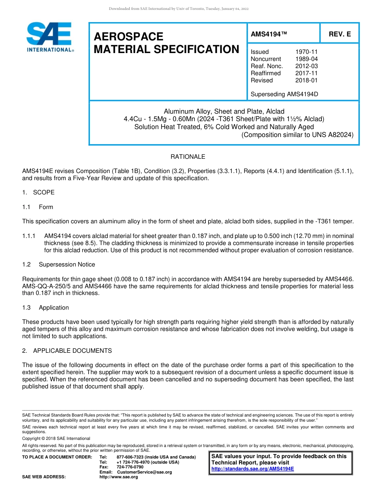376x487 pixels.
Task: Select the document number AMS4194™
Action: click(x=269, y=34)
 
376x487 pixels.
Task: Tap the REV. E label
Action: click(x=340, y=34)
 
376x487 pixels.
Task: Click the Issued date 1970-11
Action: click(x=306, y=52)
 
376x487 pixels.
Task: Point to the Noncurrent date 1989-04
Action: click(x=306, y=59)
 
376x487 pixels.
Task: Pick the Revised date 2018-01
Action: click(x=306, y=80)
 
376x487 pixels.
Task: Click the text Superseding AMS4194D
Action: click(x=284, y=94)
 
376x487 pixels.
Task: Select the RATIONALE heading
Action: click(x=188, y=157)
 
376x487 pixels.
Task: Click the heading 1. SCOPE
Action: click(x=38, y=192)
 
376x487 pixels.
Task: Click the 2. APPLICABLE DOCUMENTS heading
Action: click(x=67, y=351)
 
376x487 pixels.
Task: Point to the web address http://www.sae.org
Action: click(x=119, y=477)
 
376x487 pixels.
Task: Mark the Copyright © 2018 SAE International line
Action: click(x=56, y=438)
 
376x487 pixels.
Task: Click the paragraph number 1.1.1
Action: click(x=29, y=236)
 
